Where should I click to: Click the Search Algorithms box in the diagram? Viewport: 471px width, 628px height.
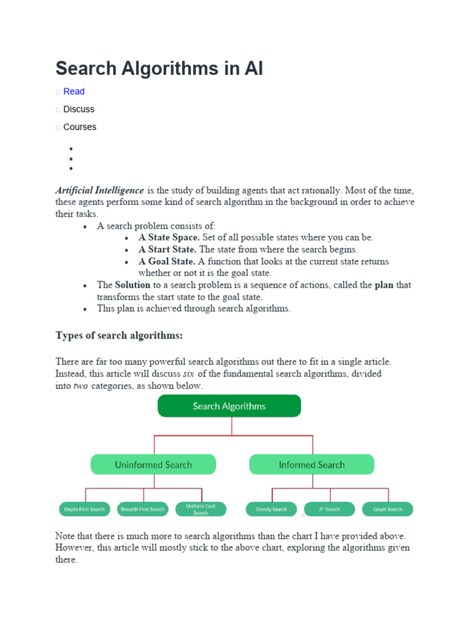pyautogui.click(x=229, y=406)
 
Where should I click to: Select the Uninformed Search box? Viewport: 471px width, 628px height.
pyautogui.click(x=153, y=465)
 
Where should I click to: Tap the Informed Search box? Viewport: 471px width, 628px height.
pyautogui.click(x=312, y=465)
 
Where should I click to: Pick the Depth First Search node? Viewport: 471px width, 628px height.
pyautogui.click(x=85, y=509)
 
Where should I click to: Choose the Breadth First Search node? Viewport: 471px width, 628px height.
pyautogui.click(x=143, y=509)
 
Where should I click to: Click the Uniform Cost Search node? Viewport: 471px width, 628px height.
pyautogui.click(x=201, y=509)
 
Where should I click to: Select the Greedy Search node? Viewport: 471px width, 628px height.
pyautogui.click(x=271, y=509)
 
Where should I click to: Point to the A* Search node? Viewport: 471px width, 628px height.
pyautogui.click(x=329, y=509)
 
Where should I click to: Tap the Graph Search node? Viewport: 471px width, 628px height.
pyautogui.click(x=388, y=509)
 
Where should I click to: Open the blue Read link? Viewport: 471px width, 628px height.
pyautogui.click(x=74, y=91)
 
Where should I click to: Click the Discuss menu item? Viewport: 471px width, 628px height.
pyautogui.click(x=78, y=109)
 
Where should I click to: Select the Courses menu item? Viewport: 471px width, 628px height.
pyautogui.click(x=80, y=127)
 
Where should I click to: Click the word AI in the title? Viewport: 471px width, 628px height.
pyautogui.click(x=254, y=68)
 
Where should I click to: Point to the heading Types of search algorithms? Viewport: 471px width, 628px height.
pyautogui.click(x=119, y=335)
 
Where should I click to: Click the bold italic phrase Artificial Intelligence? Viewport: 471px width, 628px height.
pyautogui.click(x=100, y=190)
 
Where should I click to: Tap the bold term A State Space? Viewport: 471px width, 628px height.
pyautogui.click(x=169, y=237)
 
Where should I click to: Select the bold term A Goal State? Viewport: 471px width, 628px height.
pyautogui.click(x=167, y=261)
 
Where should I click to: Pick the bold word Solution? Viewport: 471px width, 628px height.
pyautogui.click(x=132, y=285)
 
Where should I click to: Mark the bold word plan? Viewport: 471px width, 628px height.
pyautogui.click(x=384, y=285)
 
